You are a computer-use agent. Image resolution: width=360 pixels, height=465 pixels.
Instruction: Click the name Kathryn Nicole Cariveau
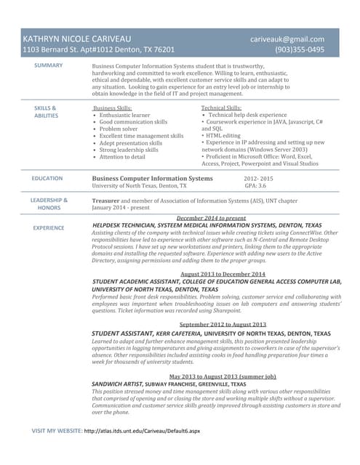click(x=76, y=38)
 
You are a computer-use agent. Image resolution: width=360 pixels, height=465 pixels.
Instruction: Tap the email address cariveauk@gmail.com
click(x=287, y=38)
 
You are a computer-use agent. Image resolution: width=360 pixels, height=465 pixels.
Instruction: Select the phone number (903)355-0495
click(x=300, y=50)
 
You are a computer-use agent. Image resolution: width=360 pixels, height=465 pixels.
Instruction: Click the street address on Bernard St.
click(x=99, y=50)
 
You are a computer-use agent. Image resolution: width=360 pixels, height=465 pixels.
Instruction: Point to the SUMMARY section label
click(x=49, y=65)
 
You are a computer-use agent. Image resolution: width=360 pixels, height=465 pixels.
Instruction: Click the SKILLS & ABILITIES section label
click(x=46, y=112)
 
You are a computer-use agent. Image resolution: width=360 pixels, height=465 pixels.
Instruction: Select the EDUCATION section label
click(x=47, y=178)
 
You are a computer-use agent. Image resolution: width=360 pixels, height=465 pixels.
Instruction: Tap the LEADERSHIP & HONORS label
click(x=49, y=203)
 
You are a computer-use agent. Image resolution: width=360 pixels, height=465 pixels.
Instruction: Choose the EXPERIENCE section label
click(x=49, y=227)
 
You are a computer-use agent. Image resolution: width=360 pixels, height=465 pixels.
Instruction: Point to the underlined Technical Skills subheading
click(x=221, y=108)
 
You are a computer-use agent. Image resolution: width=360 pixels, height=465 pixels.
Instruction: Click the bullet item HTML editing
click(x=223, y=136)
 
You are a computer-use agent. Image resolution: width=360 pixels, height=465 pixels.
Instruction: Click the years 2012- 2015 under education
click(x=258, y=178)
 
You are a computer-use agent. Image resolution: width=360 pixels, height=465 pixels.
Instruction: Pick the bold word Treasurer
click(x=105, y=200)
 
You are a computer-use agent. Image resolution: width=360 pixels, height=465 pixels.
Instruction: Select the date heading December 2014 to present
click(x=211, y=218)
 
